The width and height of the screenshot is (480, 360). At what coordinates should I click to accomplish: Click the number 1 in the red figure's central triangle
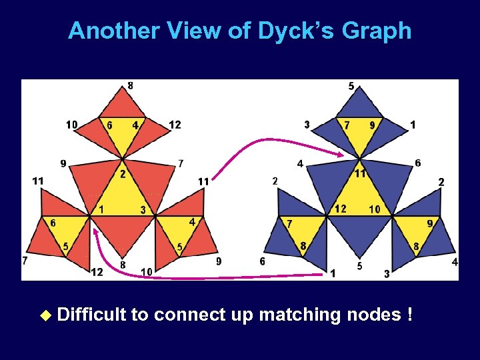coord(101,209)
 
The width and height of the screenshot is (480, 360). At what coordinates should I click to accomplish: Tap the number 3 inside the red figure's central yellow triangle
coord(142,210)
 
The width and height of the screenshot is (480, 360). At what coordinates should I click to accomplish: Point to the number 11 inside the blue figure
coord(359,173)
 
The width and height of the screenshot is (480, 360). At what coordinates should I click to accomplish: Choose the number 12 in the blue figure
coord(341,209)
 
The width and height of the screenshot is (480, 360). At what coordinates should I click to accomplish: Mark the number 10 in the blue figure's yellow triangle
coord(375,209)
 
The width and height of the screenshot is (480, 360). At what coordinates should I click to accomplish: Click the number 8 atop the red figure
coord(130,85)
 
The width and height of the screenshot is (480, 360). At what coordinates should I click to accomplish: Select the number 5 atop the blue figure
coord(351,86)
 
